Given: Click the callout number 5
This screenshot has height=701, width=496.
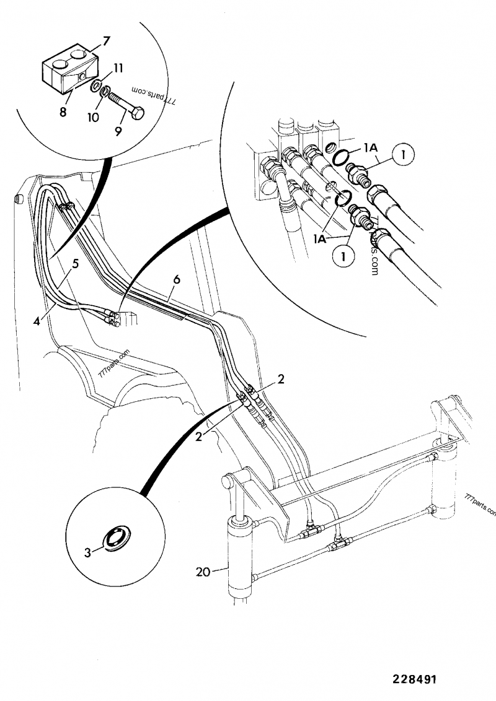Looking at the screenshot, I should coord(74,263).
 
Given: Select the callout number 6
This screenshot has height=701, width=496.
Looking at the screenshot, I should coord(177,279).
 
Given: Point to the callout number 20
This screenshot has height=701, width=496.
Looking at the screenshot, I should coord(203,573).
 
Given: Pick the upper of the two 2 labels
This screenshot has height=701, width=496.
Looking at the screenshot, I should coord(281,380).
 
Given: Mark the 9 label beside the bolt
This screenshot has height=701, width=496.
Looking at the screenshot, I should coord(118,131).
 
